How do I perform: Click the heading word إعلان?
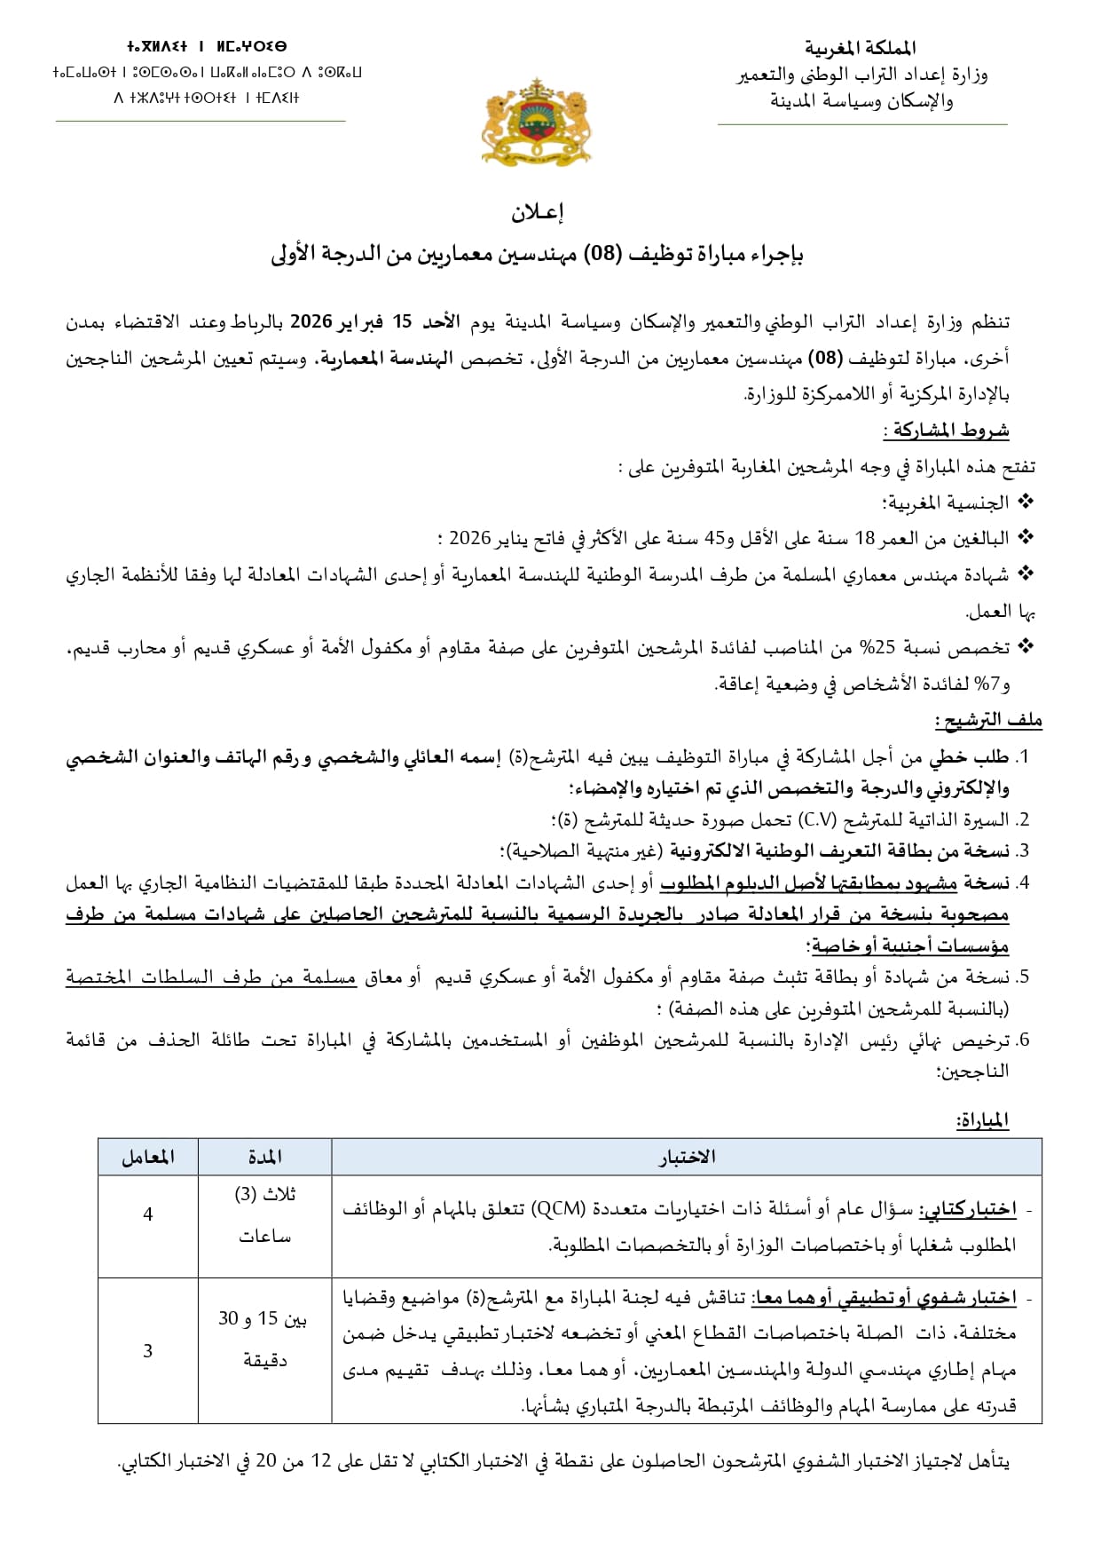click(x=538, y=212)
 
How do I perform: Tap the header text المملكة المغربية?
click(x=860, y=48)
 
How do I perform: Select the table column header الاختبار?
click(x=687, y=1157)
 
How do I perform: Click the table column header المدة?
click(x=264, y=1157)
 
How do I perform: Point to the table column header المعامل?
click(x=148, y=1157)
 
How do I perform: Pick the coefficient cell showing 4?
click(x=148, y=1214)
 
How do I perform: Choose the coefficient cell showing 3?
click(x=148, y=1350)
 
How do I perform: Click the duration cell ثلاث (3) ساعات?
click(x=264, y=1214)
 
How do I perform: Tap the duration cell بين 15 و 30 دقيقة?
click(x=264, y=1339)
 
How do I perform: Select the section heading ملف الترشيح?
click(x=988, y=720)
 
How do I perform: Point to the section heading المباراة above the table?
click(x=982, y=1121)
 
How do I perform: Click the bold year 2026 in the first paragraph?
click(x=311, y=321)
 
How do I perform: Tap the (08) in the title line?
click(x=603, y=255)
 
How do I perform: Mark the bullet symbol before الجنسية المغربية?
click(x=1026, y=502)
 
